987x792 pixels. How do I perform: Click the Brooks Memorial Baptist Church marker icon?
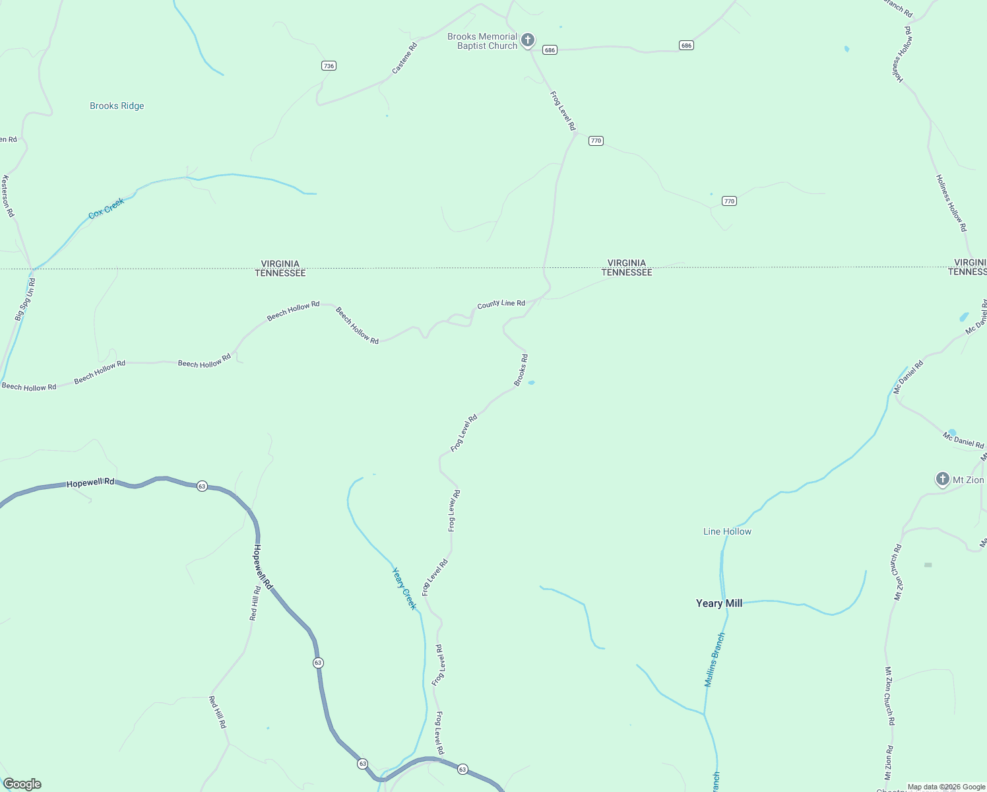[527, 40]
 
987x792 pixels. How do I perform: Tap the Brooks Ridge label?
[117, 106]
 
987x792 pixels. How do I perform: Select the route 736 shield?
[329, 65]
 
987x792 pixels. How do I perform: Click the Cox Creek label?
[106, 209]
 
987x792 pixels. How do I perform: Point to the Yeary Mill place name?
[719, 603]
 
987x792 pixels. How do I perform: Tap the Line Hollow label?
[727, 531]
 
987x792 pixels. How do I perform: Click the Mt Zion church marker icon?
[943, 479]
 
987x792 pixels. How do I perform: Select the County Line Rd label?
[501, 304]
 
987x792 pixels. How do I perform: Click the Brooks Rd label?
[521, 370]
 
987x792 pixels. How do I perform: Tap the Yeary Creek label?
[404, 589]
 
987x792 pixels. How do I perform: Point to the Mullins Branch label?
[715, 660]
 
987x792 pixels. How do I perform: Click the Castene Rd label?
[404, 58]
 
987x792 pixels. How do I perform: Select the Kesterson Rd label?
[8, 196]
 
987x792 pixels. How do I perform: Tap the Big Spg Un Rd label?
[25, 300]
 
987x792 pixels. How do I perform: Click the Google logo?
[22, 784]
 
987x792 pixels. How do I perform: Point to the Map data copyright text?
[946, 787]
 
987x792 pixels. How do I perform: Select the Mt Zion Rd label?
[889, 763]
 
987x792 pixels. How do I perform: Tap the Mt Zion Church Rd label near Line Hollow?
[898, 572]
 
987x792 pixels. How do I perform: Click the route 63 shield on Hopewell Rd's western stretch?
[202, 486]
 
